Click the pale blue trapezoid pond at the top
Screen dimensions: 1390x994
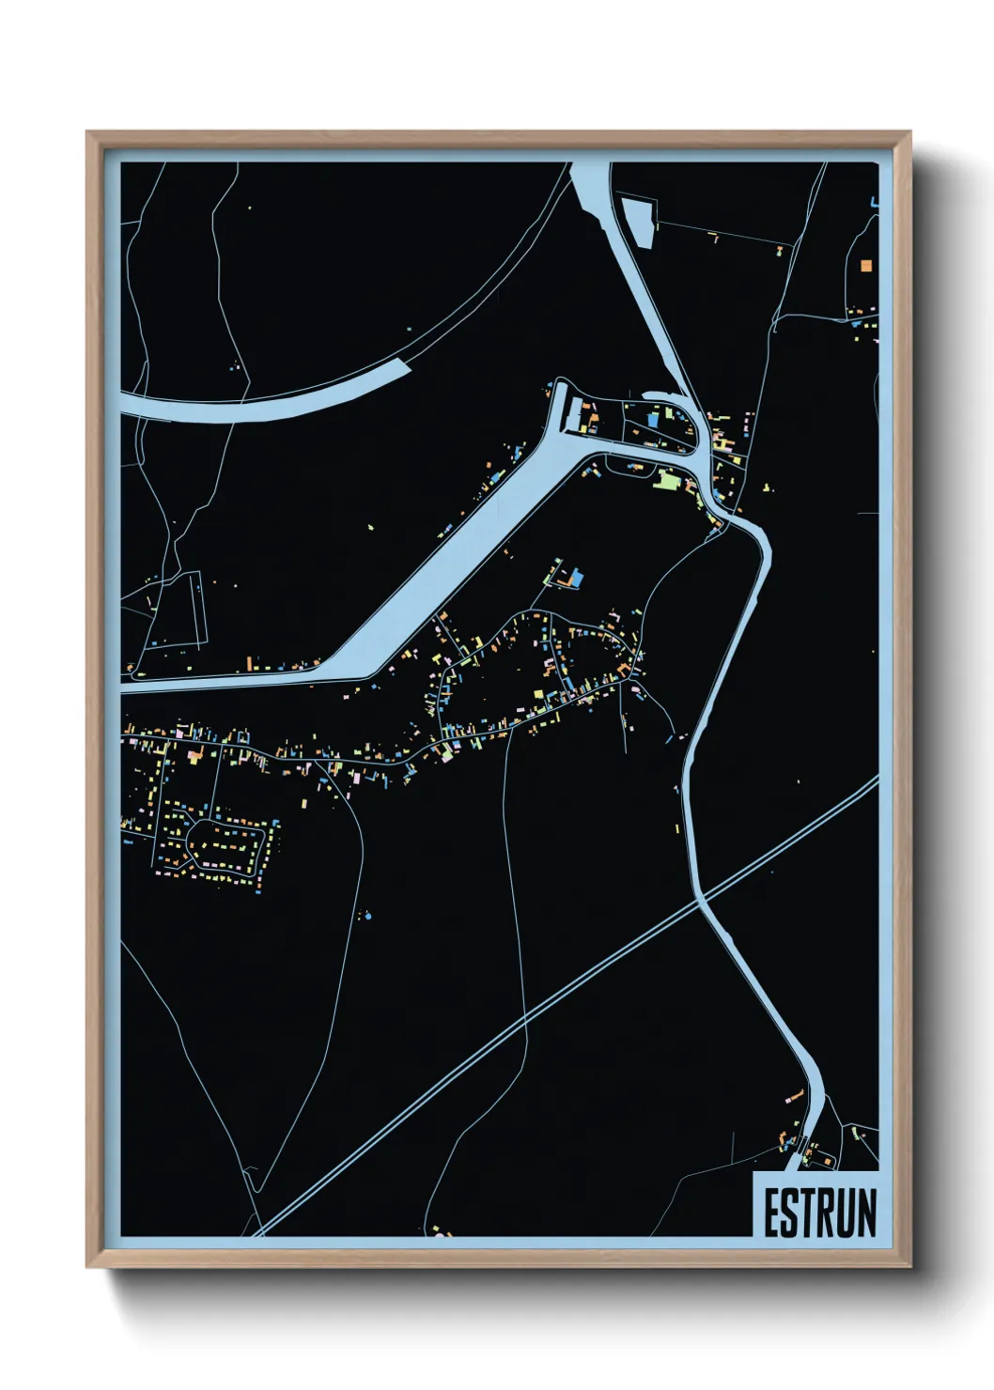point(638,222)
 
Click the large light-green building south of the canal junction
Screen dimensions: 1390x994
point(667,481)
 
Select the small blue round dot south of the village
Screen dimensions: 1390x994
point(367,915)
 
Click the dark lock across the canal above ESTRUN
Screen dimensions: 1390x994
point(800,1145)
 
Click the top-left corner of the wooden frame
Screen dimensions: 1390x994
point(87,132)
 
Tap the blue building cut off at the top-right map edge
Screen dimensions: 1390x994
point(875,201)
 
